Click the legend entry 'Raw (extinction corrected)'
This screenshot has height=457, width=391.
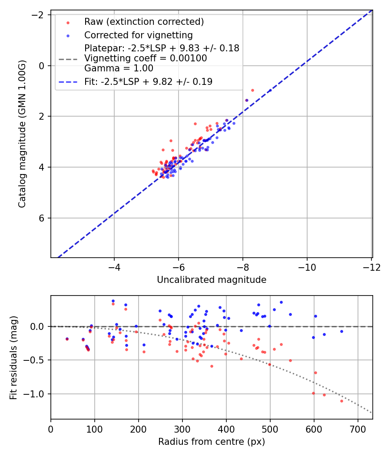click(144, 22)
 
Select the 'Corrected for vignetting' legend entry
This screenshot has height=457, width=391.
click(138, 35)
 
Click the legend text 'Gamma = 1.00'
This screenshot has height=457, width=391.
click(119, 68)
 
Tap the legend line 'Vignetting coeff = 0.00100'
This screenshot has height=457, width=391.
click(146, 58)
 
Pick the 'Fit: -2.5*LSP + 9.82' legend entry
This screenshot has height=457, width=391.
click(148, 81)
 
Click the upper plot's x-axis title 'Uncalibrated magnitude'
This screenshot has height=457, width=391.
click(211, 280)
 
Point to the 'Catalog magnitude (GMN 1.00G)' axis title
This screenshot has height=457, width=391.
click(22, 134)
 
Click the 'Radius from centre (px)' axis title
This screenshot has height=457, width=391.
click(211, 442)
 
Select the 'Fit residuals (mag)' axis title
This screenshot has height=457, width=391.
click(13, 358)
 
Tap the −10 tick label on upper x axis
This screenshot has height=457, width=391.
click(307, 266)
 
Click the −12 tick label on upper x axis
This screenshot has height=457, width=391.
click(371, 266)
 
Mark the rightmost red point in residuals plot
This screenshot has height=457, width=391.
click(341, 401)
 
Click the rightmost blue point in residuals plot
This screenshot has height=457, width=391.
click(341, 331)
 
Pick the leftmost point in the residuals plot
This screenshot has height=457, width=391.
click(67, 339)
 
